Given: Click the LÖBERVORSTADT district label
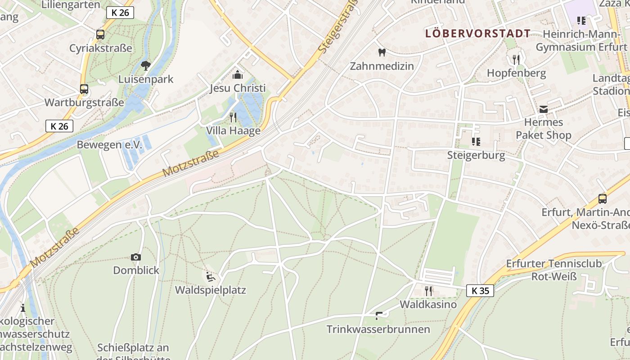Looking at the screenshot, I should click(x=478, y=34).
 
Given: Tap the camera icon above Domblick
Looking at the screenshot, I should click(x=136, y=257).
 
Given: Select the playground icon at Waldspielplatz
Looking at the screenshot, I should click(x=210, y=276).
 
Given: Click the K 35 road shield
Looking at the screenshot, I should click(x=480, y=291).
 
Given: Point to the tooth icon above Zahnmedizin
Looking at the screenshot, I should click(x=382, y=52).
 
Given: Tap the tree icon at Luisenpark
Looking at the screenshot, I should click(x=145, y=66).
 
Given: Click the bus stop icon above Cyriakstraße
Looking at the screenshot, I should click(x=100, y=34).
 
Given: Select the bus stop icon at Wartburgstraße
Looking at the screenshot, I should click(x=84, y=89).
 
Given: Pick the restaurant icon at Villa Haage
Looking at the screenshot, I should click(x=233, y=117).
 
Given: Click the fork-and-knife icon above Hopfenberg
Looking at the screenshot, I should click(x=516, y=59).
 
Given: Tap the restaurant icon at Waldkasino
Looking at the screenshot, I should click(x=428, y=291).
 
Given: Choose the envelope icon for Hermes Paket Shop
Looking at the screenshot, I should click(x=544, y=109).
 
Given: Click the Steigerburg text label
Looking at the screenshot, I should click(x=476, y=156).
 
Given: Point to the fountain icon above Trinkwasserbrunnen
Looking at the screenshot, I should click(x=379, y=316).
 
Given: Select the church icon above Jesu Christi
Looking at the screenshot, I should click(x=237, y=75).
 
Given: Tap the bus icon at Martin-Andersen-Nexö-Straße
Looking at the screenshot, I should click(x=603, y=198).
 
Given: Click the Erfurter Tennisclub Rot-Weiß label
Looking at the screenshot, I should click(x=554, y=270).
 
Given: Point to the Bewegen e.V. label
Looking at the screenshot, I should click(x=109, y=145).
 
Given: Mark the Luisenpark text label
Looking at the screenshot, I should click(x=146, y=79).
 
